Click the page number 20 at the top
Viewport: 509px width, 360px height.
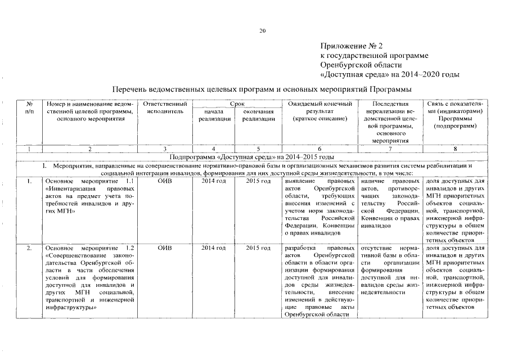262,31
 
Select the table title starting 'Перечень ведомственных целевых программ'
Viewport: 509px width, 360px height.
262,89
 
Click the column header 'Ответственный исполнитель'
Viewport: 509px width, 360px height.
165,108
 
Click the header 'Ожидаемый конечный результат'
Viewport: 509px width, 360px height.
319,111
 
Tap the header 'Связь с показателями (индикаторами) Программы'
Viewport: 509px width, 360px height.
456,115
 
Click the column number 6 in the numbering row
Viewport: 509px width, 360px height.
319,149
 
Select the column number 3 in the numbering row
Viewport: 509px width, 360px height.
165,149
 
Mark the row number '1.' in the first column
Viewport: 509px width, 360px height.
29,181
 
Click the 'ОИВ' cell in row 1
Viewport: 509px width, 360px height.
165,181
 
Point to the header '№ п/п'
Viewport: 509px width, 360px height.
29,108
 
